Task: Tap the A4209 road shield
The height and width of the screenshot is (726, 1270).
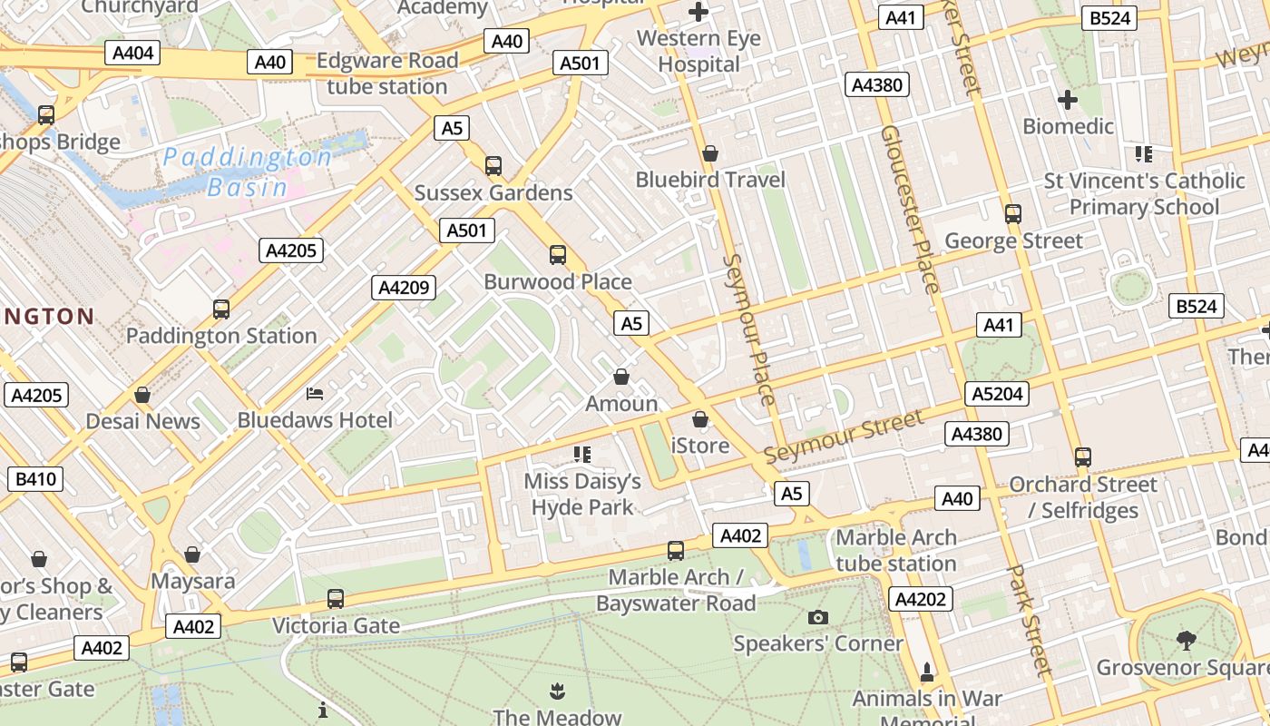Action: click(404, 288)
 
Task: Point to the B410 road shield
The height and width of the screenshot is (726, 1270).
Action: click(34, 478)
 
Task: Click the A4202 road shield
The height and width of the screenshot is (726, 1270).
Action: click(921, 598)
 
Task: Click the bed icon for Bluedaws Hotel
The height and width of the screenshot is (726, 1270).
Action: click(315, 394)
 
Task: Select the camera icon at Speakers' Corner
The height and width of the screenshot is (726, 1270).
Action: click(817, 617)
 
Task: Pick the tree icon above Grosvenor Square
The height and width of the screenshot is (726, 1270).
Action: click(1186, 641)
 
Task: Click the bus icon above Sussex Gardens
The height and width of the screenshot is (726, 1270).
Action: click(493, 166)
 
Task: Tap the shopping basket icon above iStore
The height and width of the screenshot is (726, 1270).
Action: click(699, 419)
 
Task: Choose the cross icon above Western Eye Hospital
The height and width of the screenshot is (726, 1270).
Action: click(698, 12)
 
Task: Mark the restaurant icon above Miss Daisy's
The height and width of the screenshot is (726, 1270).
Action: click(582, 454)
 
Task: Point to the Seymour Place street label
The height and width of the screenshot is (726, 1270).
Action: click(749, 329)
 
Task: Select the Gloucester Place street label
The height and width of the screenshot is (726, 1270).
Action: click(910, 210)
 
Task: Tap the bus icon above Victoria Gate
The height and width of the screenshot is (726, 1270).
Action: click(335, 599)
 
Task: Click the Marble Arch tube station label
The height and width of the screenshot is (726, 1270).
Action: click(896, 550)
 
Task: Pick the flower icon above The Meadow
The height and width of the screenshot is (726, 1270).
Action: click(556, 692)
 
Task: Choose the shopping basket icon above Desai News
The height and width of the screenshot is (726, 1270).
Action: click(142, 395)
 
